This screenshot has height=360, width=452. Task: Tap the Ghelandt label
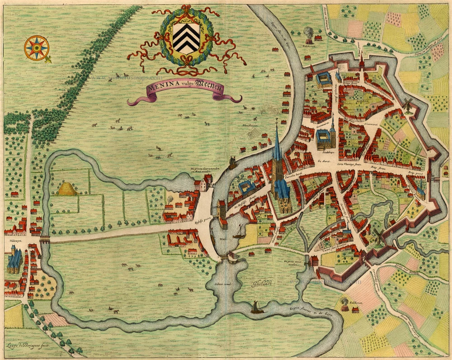click(258, 284)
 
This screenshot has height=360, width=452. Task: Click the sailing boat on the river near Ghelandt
click(257, 308)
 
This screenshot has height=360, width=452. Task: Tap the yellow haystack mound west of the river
click(67, 189)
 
